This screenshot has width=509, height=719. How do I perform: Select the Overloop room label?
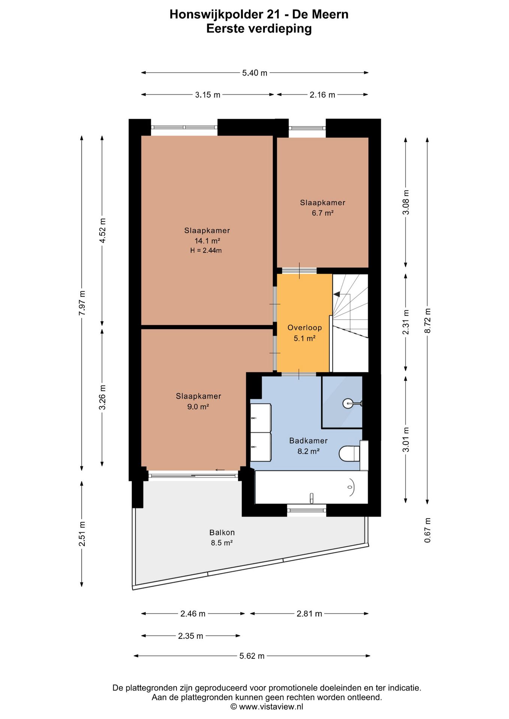tap(305, 328)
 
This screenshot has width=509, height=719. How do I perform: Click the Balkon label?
tap(222, 533)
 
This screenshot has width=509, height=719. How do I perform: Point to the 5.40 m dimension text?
tap(255, 73)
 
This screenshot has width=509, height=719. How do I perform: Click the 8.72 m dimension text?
tap(427, 321)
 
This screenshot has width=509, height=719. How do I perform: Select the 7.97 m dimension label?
tap(82, 303)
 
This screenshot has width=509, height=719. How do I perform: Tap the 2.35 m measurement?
tap(190, 636)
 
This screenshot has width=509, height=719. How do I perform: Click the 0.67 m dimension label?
tap(427, 530)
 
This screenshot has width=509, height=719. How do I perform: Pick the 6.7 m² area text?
tap(323, 213)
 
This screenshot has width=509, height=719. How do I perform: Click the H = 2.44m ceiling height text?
tap(206, 251)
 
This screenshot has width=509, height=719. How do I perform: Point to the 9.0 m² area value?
tap(198, 407)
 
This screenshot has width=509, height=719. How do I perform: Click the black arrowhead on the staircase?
tap(337, 294)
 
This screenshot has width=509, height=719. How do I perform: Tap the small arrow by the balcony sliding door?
tap(220, 470)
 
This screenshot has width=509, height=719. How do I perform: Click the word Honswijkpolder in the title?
tap(217, 14)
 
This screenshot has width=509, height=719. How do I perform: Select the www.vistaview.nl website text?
tap(271, 707)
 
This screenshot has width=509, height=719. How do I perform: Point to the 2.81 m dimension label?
tap(309, 614)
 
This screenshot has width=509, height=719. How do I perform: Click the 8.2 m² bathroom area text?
tap(308, 451)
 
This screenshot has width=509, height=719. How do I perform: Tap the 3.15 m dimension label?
tap(208, 95)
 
